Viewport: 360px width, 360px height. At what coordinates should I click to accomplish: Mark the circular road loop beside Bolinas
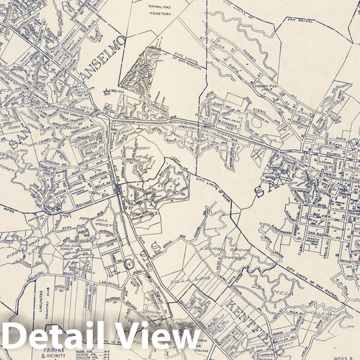(51, 204)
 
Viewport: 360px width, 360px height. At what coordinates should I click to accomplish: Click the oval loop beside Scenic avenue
(257, 123)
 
